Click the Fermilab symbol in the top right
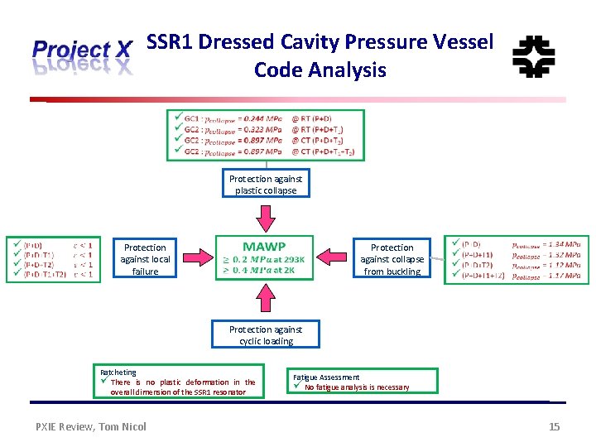pyautogui.click(x=534, y=57)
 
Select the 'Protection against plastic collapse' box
pyautogui.click(x=265, y=185)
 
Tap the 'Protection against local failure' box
pyautogui.click(x=145, y=259)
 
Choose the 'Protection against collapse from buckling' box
pyautogui.click(x=392, y=259)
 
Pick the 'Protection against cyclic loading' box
pyautogui.click(x=265, y=335)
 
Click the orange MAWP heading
pyautogui.click(x=264, y=246)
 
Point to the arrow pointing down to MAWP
pyautogui.click(x=265, y=219)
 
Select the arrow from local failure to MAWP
pyautogui.click(x=193, y=258)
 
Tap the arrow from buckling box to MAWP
pyautogui.click(x=338, y=258)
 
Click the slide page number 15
pyautogui.click(x=555, y=426)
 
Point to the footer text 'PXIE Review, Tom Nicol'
pyautogui.click(x=91, y=426)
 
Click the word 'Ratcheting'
pyautogui.click(x=118, y=372)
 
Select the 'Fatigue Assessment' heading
pyautogui.click(x=326, y=377)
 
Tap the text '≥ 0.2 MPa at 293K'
pyautogui.click(x=264, y=258)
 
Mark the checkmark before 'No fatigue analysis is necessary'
pyautogui.click(x=299, y=387)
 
